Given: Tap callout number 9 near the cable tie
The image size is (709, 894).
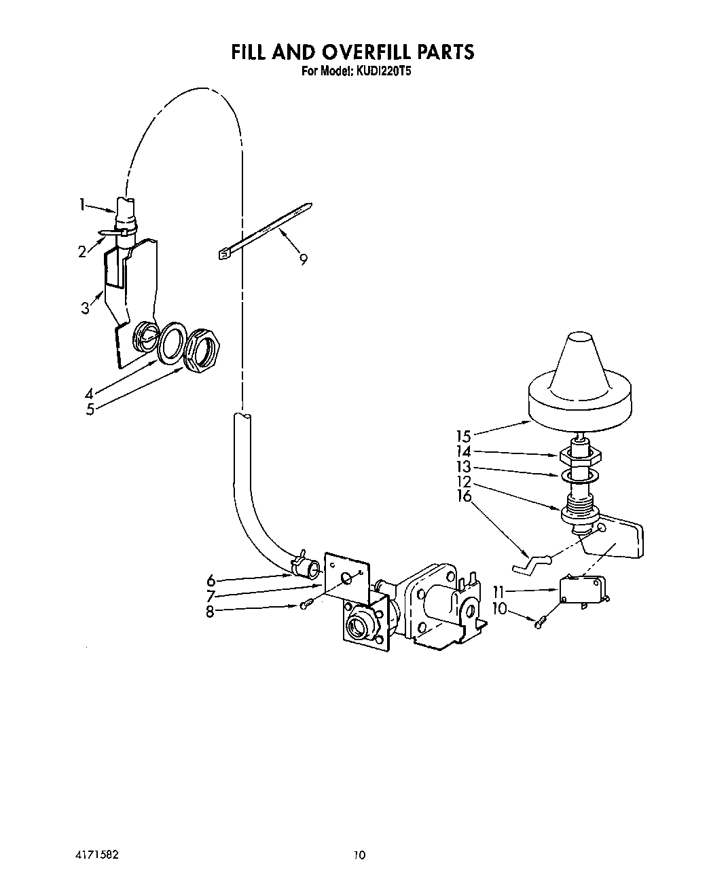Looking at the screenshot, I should click(304, 258).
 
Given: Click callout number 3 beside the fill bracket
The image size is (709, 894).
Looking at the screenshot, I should click(85, 308).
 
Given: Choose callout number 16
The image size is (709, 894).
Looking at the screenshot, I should click(464, 496).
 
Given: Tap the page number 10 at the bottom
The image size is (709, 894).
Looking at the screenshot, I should click(359, 855).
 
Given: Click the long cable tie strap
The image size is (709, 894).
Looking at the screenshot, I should click(265, 229).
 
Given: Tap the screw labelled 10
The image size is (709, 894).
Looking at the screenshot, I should click(541, 622).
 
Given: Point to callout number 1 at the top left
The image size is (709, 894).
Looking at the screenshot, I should click(82, 204).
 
